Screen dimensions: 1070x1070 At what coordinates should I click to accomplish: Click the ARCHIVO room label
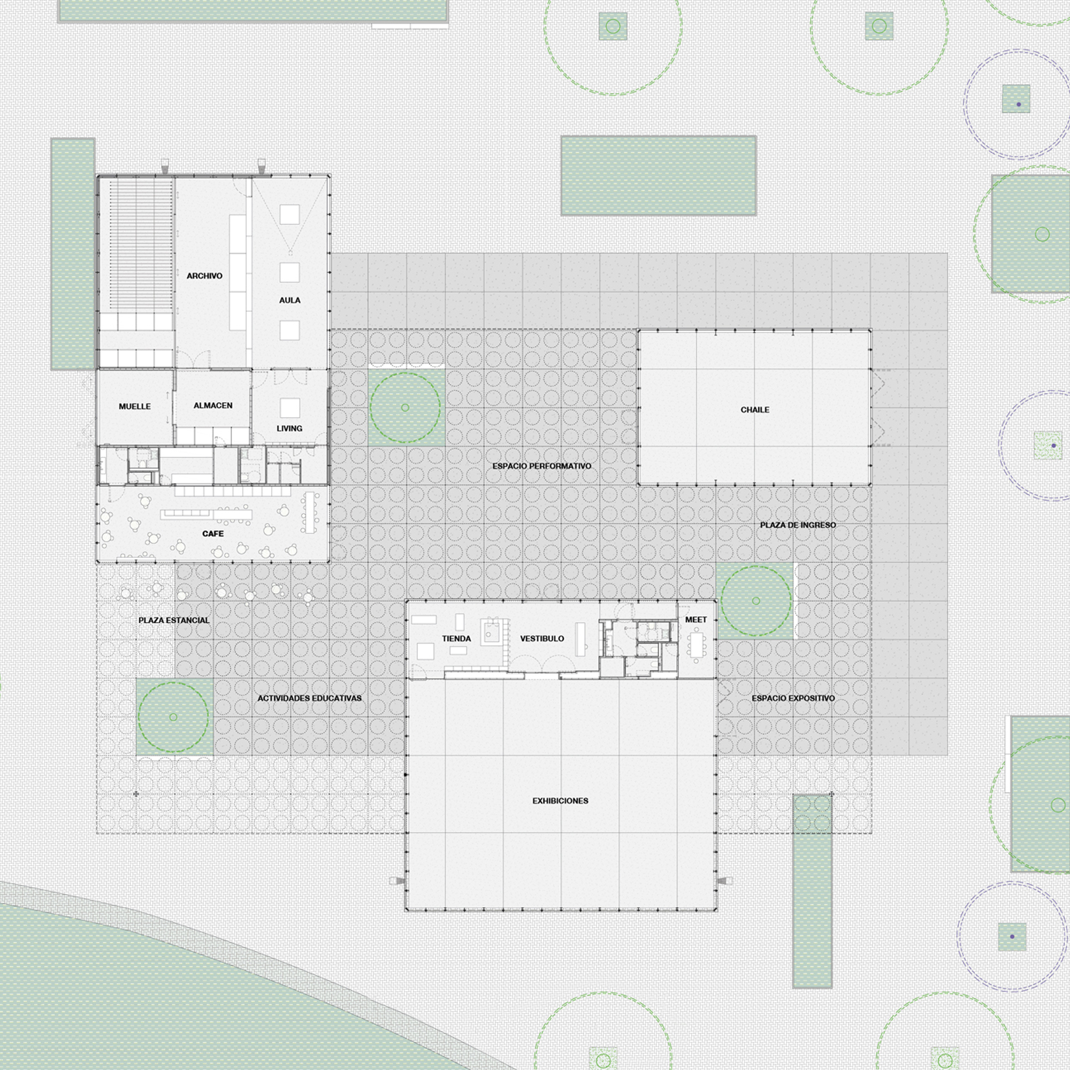(204, 276)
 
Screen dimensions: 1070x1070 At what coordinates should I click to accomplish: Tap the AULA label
(289, 300)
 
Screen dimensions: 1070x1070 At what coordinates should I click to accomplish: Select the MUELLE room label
(135, 407)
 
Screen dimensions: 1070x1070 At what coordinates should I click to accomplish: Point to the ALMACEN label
(213, 406)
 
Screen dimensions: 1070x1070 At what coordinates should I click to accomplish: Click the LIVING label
(289, 428)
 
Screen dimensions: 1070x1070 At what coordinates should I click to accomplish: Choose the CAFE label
(213, 533)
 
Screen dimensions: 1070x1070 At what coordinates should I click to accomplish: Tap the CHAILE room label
(755, 410)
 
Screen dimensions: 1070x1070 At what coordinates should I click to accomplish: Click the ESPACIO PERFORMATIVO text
(541, 466)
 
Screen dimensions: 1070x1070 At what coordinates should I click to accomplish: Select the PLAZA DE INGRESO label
(798, 524)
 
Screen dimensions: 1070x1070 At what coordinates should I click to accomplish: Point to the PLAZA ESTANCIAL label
(174, 620)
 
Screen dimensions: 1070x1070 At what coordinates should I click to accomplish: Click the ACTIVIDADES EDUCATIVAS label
(309, 698)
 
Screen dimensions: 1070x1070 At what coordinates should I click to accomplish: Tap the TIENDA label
(456, 639)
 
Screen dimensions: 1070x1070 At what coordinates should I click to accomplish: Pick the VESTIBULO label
(541, 639)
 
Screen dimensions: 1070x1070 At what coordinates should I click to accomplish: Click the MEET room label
(695, 620)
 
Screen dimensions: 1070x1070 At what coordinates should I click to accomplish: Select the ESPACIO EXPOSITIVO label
(792, 698)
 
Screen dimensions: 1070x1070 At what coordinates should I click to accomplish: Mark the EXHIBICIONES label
(560, 801)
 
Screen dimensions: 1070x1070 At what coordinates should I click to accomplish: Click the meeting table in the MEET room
(695, 644)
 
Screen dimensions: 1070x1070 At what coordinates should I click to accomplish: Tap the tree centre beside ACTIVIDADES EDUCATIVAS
(173, 717)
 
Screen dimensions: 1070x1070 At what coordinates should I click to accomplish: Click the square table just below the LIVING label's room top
(289, 408)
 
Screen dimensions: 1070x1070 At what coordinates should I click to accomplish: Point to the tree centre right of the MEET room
(756, 601)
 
